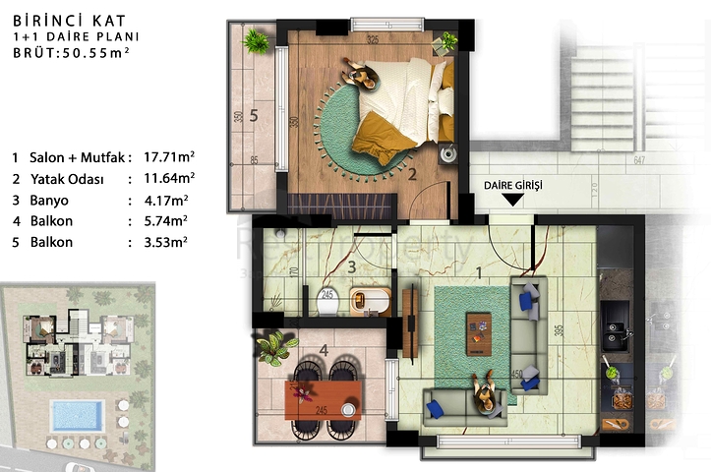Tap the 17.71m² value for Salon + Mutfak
coord(169,157)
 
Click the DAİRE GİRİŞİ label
coord(512,185)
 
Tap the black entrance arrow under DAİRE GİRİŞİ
coord(512,201)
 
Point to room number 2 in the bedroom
coord(414,176)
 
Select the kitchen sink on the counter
coord(620,334)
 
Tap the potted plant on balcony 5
coord(256,41)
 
